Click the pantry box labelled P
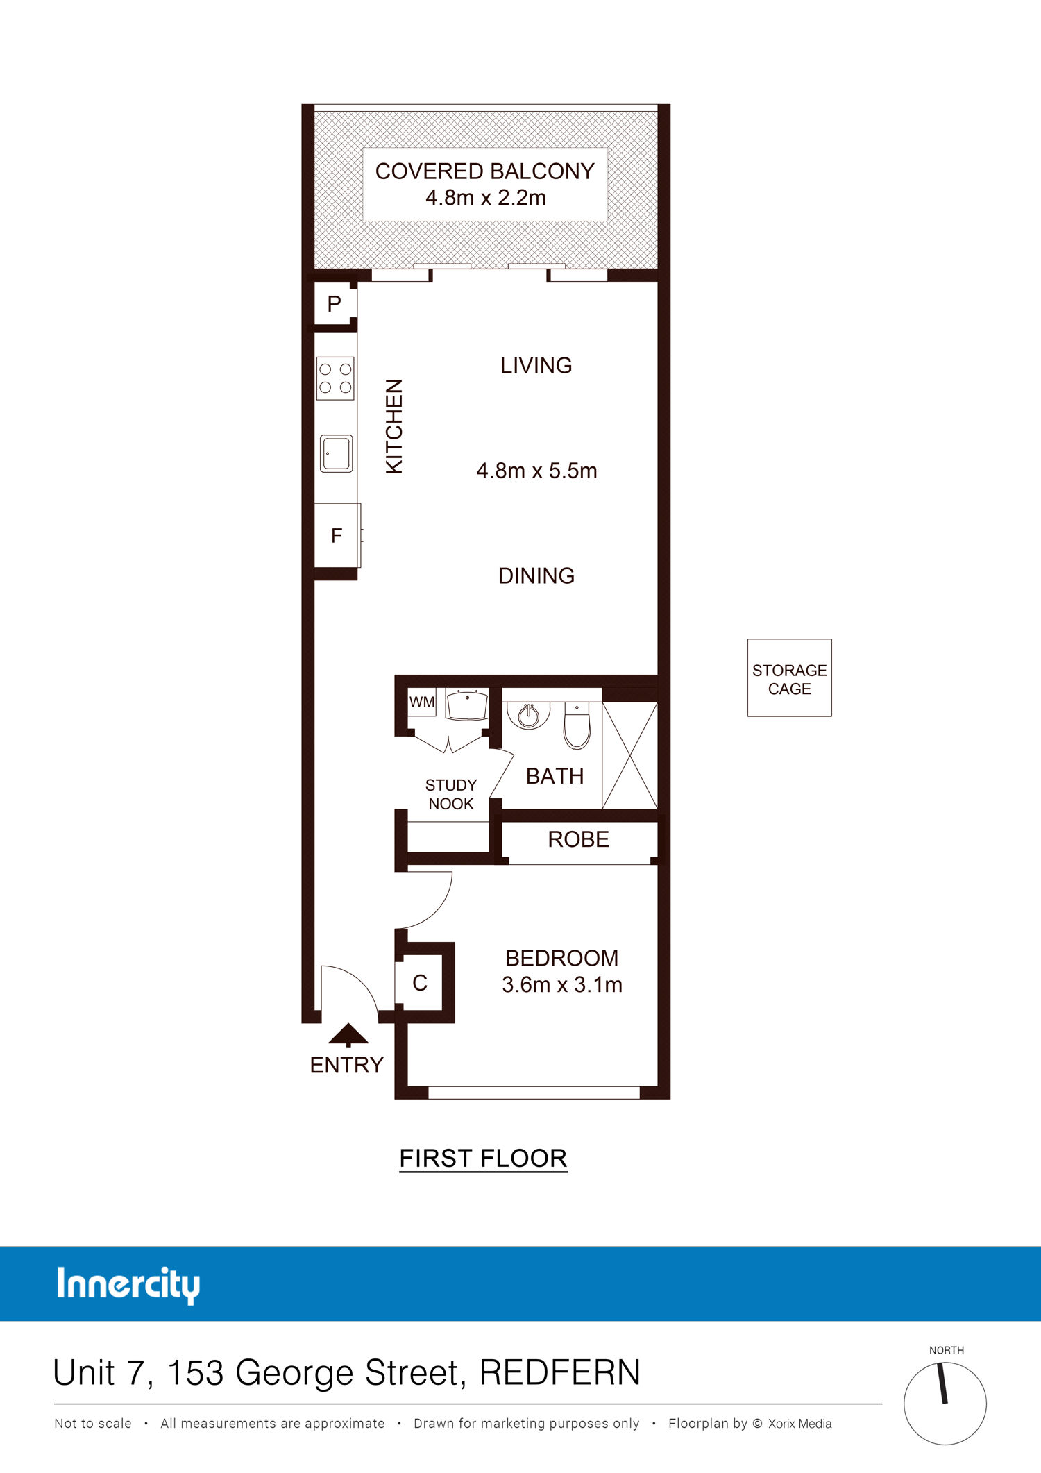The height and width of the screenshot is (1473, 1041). click(x=335, y=303)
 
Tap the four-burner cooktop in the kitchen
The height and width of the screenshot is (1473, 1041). click(x=335, y=378)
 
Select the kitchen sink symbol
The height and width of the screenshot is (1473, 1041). click(x=337, y=453)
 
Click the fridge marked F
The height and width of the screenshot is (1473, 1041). click(x=337, y=535)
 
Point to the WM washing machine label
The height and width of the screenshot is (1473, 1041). click(x=422, y=702)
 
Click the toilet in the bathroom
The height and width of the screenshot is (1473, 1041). click(x=577, y=725)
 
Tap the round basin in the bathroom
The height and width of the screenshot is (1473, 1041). click(x=529, y=715)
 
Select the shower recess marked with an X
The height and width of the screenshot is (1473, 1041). click(x=629, y=755)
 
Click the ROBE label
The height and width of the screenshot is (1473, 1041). click(x=578, y=839)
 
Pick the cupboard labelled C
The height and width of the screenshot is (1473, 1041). click(x=419, y=983)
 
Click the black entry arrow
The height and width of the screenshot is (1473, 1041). click(x=348, y=1035)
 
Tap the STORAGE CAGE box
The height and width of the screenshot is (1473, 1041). click(x=789, y=677)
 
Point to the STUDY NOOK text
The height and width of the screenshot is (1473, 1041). click(x=451, y=794)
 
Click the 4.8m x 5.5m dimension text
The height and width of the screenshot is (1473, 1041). click(x=536, y=471)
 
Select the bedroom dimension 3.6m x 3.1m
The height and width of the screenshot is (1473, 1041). click(x=562, y=984)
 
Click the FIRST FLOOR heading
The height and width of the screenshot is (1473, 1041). click(x=484, y=1158)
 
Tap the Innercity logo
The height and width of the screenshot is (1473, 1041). click(x=128, y=1285)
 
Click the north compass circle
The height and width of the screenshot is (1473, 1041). click(x=945, y=1403)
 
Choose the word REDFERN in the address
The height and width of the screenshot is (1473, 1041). click(x=560, y=1372)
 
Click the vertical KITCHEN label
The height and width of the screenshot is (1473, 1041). click(x=393, y=426)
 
